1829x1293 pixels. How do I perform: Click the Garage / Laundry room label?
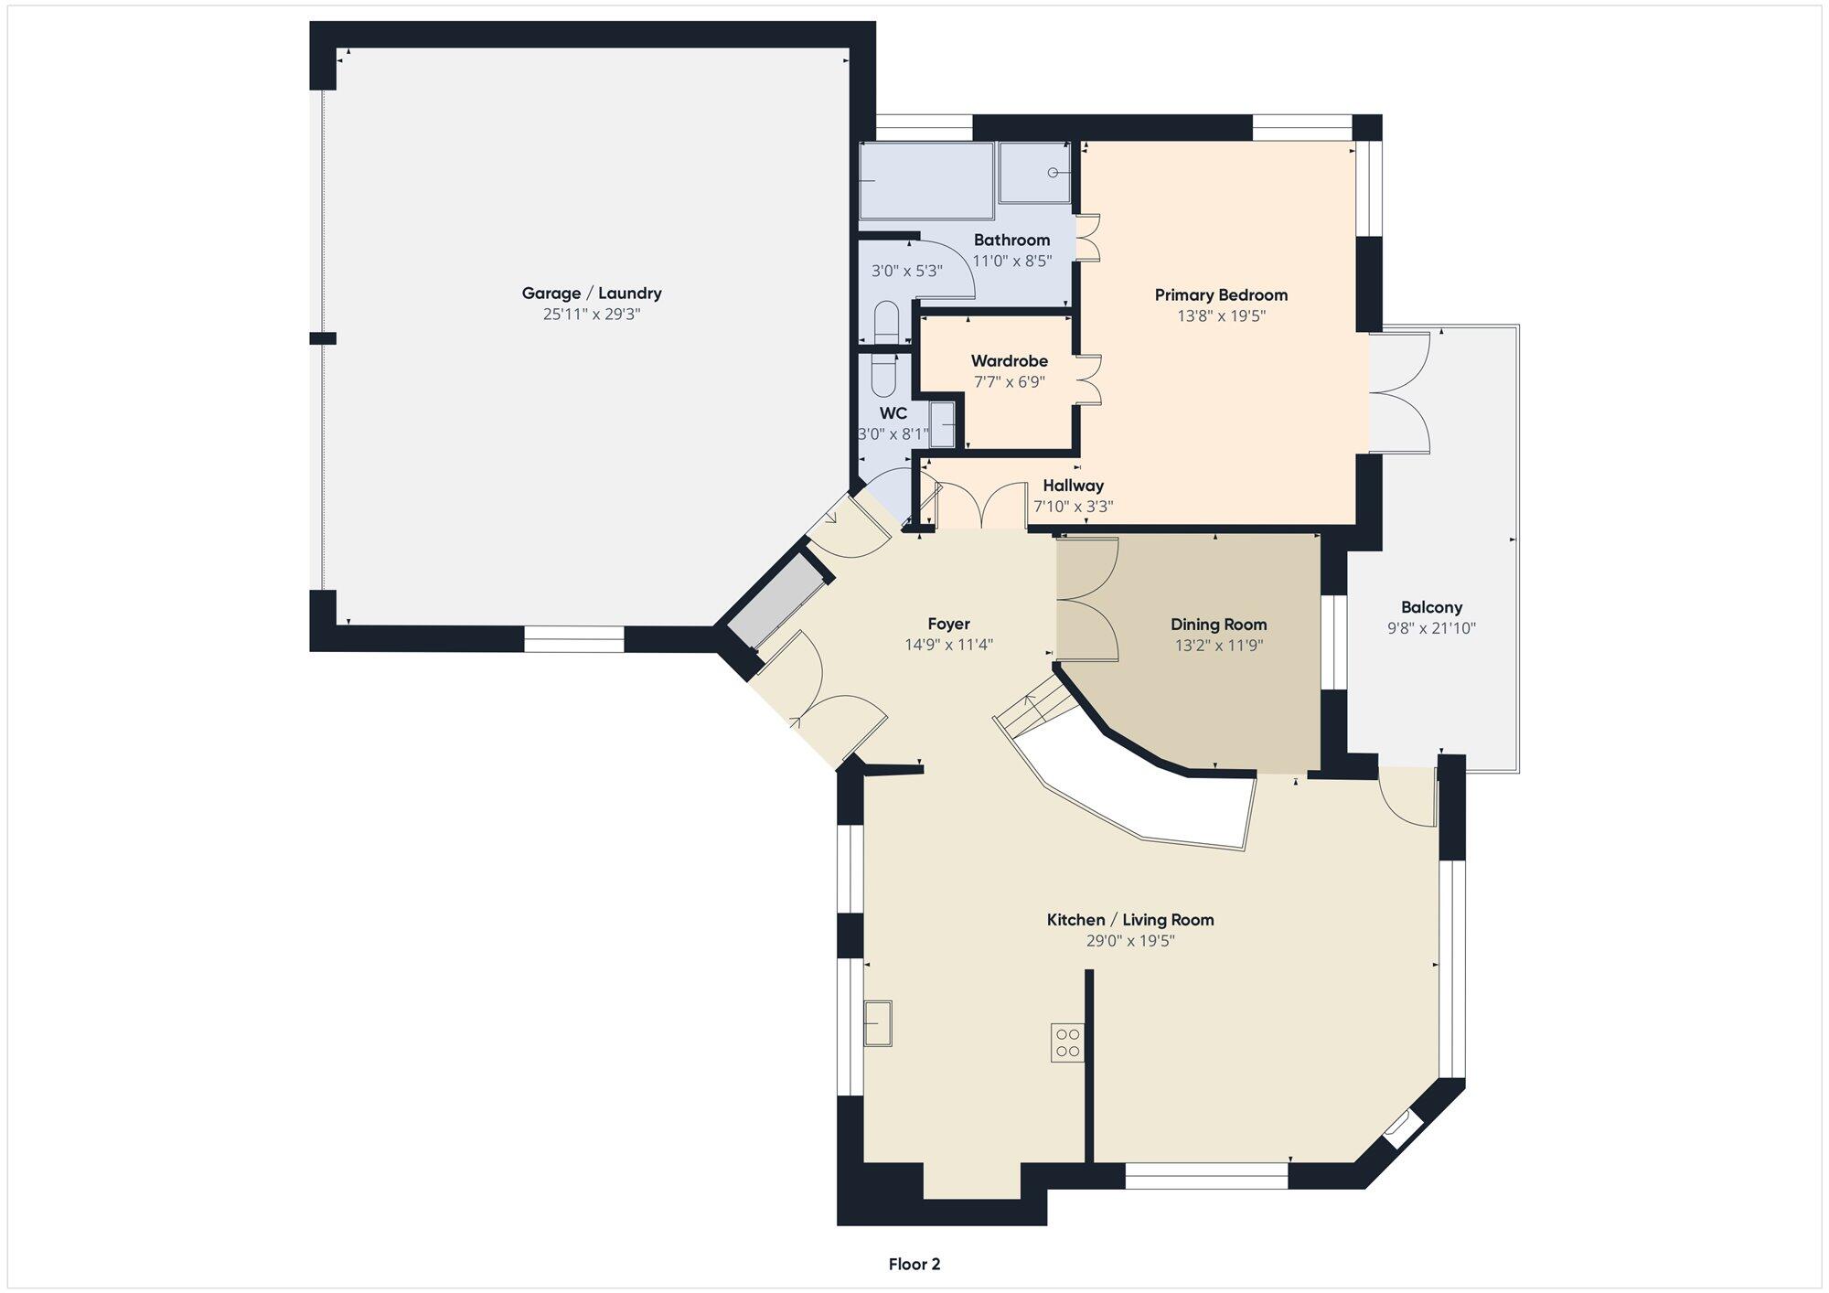tap(592, 294)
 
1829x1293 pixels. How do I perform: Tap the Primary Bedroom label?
tap(1221, 295)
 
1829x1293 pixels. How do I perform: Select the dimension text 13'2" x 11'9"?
tap(1219, 646)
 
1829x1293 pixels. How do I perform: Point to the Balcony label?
tap(1431, 607)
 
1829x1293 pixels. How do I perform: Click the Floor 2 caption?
tap(914, 1265)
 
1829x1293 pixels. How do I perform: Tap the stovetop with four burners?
tap(1067, 1042)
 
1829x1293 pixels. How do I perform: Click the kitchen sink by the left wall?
tap(878, 1023)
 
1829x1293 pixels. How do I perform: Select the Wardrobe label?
tap(1010, 361)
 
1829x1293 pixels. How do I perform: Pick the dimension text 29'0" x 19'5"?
tap(1130, 941)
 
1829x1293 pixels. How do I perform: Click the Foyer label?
tap(948, 624)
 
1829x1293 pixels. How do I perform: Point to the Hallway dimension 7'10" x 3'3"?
tap(1074, 507)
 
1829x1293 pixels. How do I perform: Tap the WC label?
tap(893, 413)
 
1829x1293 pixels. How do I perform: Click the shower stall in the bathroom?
tap(1035, 173)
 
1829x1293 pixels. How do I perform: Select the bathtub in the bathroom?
tap(925, 180)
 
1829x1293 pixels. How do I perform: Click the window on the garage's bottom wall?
tap(574, 638)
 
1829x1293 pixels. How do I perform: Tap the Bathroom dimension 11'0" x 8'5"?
tap(1011, 261)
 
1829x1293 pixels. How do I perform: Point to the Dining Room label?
tap(1219, 625)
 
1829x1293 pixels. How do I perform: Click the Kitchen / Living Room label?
tap(1130, 920)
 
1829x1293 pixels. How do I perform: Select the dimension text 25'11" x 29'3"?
tap(592, 315)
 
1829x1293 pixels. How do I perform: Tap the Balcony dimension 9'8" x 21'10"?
tap(1431, 628)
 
